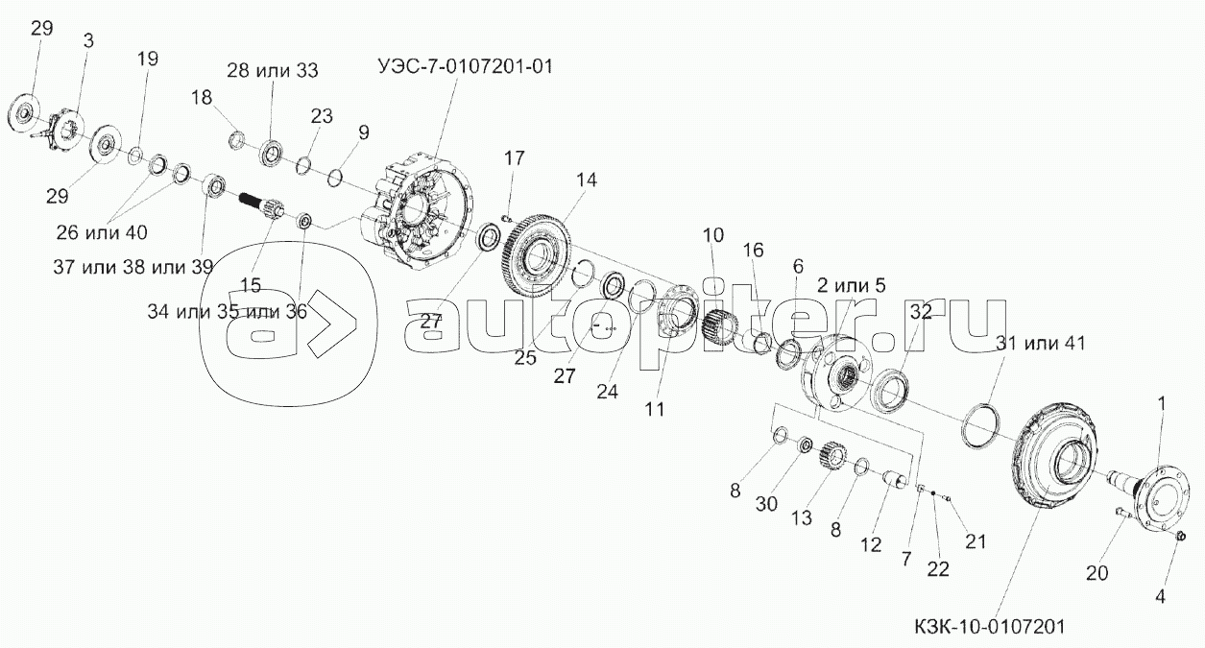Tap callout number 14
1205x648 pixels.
click(586, 179)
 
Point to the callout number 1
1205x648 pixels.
click(1161, 404)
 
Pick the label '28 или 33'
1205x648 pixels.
click(273, 70)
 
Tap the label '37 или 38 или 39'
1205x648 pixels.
click(133, 267)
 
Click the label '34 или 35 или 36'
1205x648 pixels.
click(227, 312)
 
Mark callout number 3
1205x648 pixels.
click(88, 40)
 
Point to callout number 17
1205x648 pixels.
click(515, 156)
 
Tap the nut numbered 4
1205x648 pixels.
click(1182, 535)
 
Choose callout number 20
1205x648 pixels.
click(1097, 573)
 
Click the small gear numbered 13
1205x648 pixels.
click(831, 455)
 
